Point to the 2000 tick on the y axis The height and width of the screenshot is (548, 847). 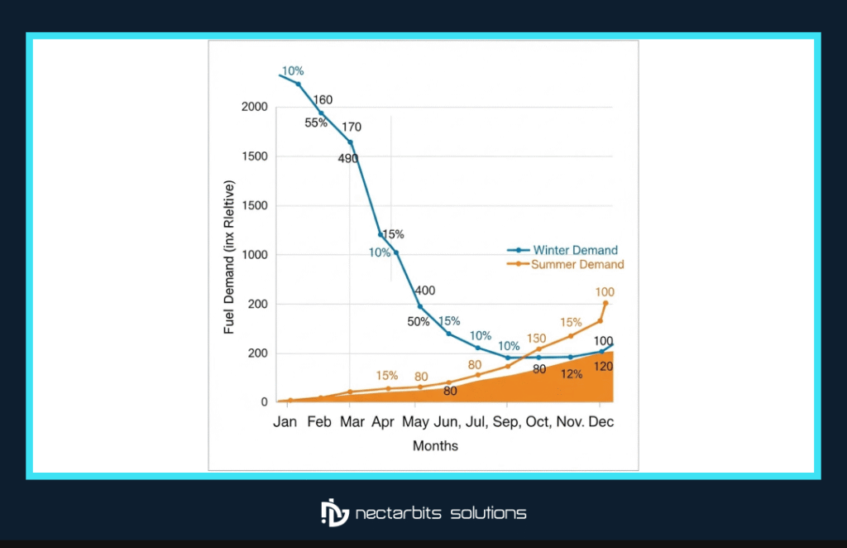(254, 107)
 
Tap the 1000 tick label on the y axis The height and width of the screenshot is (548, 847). (254, 255)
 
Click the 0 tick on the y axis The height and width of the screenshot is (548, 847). (264, 402)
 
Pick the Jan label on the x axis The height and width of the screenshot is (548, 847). (285, 422)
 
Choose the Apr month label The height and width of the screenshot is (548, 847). (382, 422)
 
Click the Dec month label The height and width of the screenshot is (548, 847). (602, 422)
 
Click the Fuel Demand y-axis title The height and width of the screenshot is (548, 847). (231, 257)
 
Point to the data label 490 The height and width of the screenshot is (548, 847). (348, 159)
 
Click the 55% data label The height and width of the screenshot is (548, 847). (316, 123)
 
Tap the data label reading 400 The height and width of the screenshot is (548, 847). (424, 291)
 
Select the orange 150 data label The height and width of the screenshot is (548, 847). (536, 339)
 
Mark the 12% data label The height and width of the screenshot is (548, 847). (571, 373)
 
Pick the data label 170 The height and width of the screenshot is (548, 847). (352, 127)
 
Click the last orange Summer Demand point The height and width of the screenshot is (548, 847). (605, 303)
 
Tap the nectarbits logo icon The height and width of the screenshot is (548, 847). (334, 512)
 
